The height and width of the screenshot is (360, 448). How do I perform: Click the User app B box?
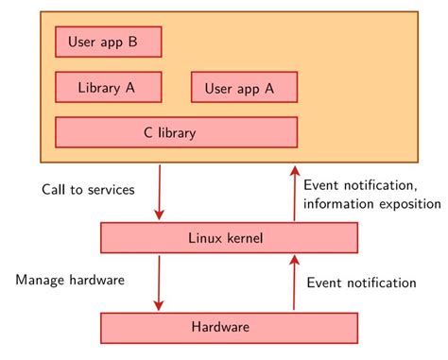[109, 42]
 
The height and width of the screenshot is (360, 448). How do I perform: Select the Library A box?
[109, 87]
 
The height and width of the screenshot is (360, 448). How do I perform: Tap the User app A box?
[244, 88]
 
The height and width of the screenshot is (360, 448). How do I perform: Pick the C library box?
[176, 132]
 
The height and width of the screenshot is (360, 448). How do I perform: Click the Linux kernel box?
[230, 237]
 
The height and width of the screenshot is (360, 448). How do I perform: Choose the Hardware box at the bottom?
[230, 327]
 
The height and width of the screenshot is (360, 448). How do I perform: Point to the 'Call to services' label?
[88, 190]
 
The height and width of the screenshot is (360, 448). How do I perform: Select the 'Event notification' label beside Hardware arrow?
[360, 282]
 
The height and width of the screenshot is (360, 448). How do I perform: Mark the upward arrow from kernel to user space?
[294, 195]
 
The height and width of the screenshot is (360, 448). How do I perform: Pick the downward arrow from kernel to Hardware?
[159, 281]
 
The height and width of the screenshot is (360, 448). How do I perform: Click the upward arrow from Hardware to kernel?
[294, 282]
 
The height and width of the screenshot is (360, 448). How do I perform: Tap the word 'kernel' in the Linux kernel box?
[249, 237]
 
